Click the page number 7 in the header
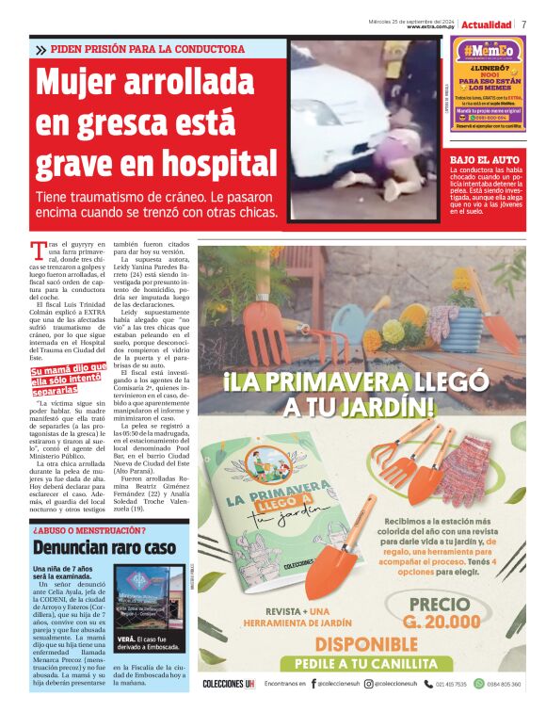523,24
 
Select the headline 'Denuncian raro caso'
104,546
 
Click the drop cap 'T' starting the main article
38,250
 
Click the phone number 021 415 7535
447,684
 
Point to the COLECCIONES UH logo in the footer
230,684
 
